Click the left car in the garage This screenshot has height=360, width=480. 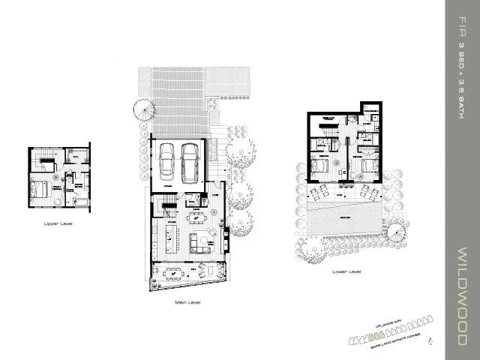tap(166, 157)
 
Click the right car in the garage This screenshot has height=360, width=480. tap(190, 157)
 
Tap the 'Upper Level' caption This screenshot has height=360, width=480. tap(58, 223)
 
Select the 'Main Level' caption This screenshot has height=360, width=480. tap(187, 303)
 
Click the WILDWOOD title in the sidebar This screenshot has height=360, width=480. tap(463, 293)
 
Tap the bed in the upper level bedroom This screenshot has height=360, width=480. tap(40, 190)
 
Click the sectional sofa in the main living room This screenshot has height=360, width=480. tap(201, 241)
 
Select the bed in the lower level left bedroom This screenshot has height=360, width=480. tap(319, 166)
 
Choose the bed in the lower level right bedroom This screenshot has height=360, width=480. tap(368, 166)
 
